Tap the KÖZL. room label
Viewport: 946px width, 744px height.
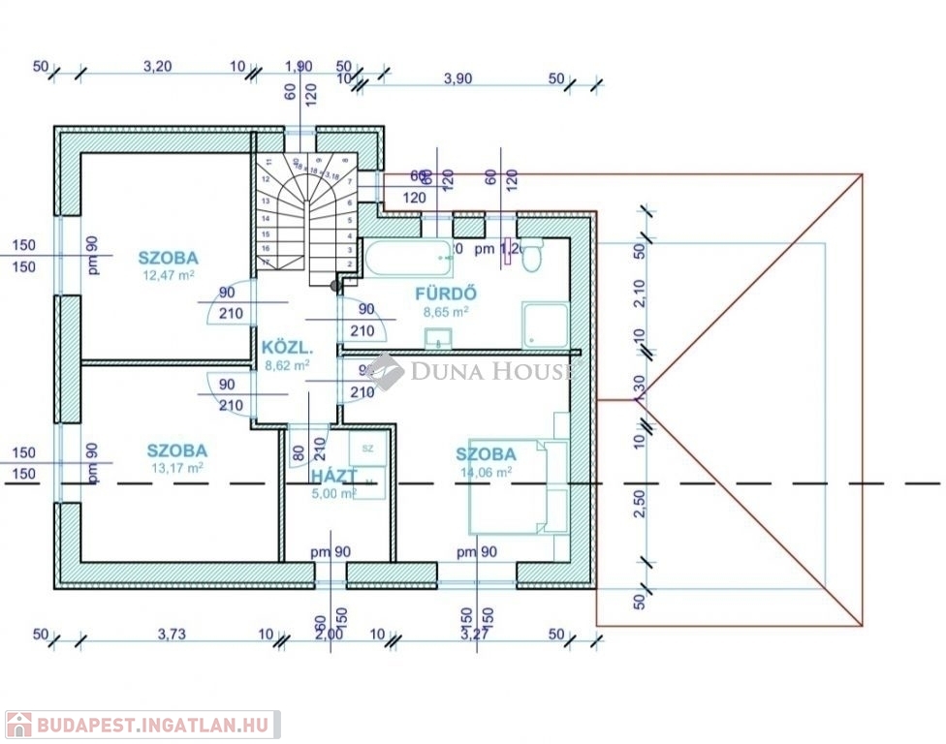click(x=286, y=347)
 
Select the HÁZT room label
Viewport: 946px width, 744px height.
click(x=333, y=476)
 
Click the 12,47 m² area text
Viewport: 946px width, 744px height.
click(x=168, y=276)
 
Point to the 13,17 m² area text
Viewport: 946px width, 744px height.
click(x=176, y=468)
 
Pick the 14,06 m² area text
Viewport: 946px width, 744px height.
click(x=486, y=472)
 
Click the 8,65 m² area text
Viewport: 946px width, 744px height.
click(x=446, y=312)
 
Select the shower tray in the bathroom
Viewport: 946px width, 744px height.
click(x=547, y=325)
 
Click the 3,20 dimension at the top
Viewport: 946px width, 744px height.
click(x=157, y=67)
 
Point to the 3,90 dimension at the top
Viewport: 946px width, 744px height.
click(x=457, y=78)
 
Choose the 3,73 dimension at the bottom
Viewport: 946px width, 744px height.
click(x=173, y=635)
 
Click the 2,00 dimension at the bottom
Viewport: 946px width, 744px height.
click(x=330, y=635)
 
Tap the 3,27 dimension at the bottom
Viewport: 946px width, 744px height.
click(x=474, y=635)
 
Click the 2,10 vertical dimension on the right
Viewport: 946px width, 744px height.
click(x=638, y=294)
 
